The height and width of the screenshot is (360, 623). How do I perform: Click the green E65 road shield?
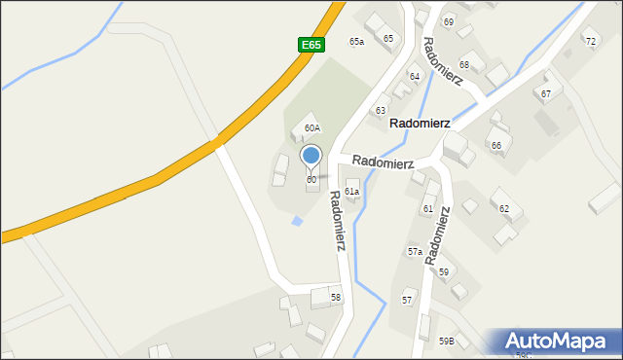311,45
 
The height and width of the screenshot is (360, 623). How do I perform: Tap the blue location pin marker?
311,156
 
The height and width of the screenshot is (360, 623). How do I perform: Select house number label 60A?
311,128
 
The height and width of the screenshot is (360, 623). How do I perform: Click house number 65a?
357,42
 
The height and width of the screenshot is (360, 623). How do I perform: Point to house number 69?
448,21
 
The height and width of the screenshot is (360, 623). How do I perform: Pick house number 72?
590,41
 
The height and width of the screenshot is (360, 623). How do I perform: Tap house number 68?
464,65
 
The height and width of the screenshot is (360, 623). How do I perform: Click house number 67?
546,93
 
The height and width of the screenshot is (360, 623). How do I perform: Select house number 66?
496,145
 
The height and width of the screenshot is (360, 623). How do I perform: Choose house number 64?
415,76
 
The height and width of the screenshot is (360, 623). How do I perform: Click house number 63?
381,111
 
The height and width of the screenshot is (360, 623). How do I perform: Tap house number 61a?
351,192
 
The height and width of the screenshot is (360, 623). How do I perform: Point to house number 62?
504,208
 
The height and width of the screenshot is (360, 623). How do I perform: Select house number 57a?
415,251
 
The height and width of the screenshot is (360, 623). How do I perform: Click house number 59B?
446,341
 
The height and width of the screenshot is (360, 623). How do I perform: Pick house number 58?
336,297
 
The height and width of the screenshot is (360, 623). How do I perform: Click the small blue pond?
297,221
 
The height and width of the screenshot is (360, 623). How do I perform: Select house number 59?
443,271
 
